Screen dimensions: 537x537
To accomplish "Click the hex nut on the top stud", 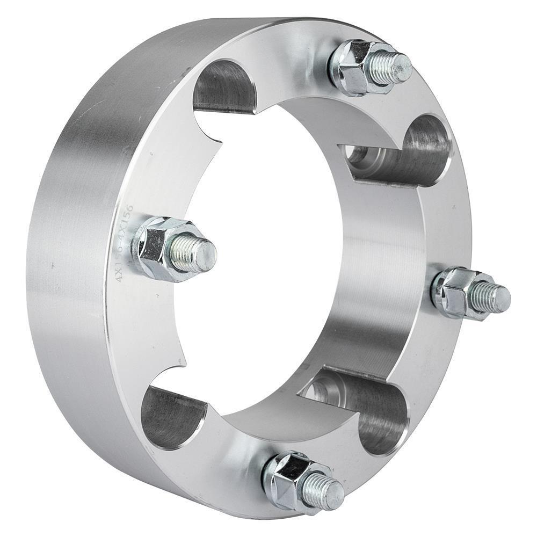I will pos(352,67).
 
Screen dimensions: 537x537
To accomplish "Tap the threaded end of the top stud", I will pos(395,67).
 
